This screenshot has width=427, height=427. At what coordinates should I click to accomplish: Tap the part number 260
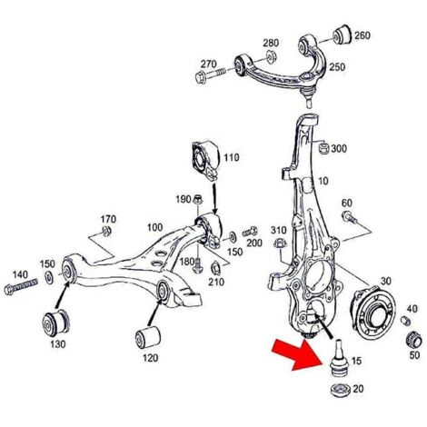pyautogui.click(x=362, y=35)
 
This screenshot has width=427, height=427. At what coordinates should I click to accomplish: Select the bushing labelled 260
pyautogui.click(x=342, y=35)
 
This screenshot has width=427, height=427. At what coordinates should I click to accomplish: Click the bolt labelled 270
pyautogui.click(x=210, y=74)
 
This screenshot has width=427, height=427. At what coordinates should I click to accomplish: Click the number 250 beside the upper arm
pyautogui.click(x=337, y=66)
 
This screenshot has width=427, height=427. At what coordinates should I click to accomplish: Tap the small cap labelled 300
pyautogui.click(x=324, y=147)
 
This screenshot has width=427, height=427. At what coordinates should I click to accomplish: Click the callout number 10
pyautogui.click(x=323, y=181)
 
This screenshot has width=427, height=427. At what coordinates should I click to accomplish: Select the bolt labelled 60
pyautogui.click(x=348, y=217)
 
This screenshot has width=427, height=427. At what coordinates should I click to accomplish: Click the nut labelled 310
pyautogui.click(x=279, y=243)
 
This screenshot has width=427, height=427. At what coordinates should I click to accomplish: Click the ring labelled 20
pyautogui.click(x=340, y=390)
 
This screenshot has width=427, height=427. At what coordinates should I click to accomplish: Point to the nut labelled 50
pyautogui.click(x=413, y=341)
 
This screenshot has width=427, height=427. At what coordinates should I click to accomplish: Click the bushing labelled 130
pyautogui.click(x=56, y=323)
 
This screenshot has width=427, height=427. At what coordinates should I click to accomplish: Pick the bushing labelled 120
pyautogui.click(x=147, y=337)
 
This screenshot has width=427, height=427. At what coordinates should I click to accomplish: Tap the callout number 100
pyautogui.click(x=154, y=227)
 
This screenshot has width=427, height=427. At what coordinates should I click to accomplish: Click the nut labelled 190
pyautogui.click(x=197, y=200)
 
